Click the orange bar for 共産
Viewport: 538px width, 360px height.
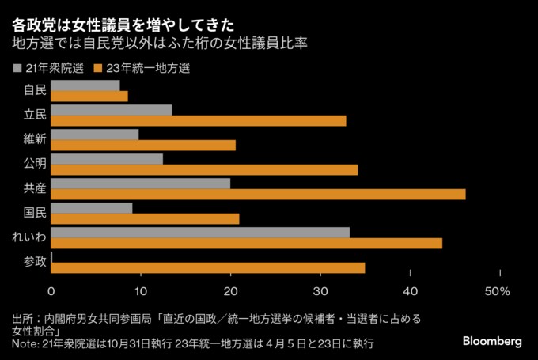[259, 195]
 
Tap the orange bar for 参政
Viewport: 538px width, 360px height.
[208, 268]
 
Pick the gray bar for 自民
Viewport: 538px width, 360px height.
[85, 85]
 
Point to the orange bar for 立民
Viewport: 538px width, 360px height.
[199, 121]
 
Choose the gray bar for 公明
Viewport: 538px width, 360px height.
[107, 159]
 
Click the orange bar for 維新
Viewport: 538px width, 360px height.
[144, 146]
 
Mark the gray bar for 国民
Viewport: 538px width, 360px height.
[92, 208]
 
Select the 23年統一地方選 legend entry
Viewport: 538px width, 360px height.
[141, 67]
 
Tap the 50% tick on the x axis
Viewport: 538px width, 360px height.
[497, 292]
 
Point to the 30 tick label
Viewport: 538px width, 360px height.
[320, 292]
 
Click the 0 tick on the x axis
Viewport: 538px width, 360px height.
[52, 292]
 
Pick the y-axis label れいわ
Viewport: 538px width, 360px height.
[29, 237]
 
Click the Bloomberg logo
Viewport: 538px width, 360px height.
[491, 341]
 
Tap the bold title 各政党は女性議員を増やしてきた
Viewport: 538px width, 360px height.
[122, 17]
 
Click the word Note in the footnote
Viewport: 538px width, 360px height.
[24, 345]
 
